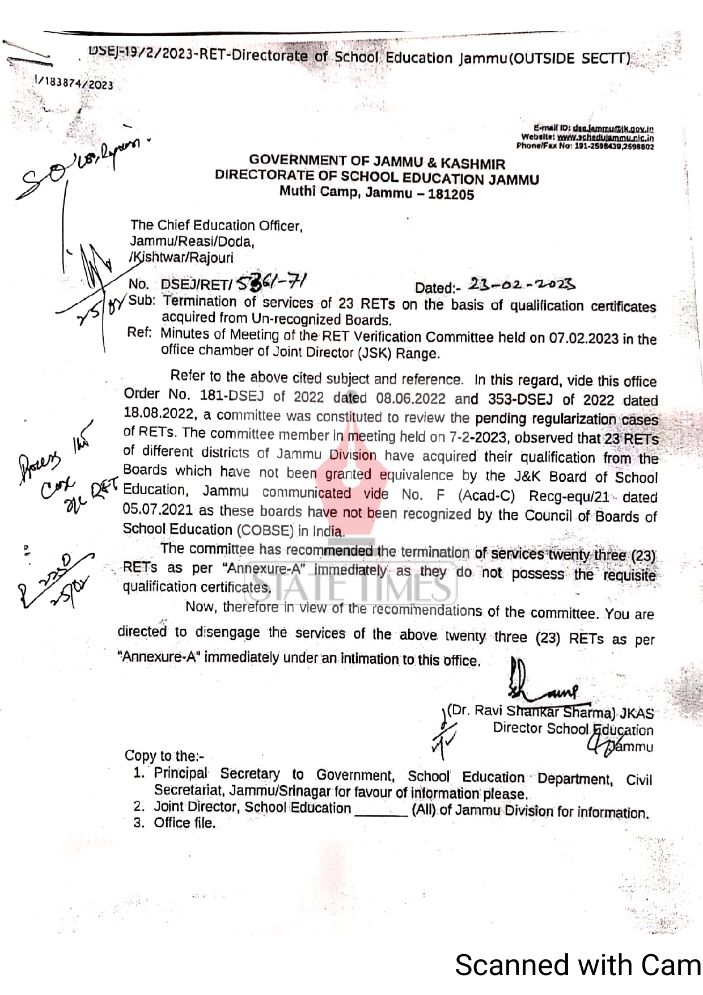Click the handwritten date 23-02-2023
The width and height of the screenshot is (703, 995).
[522, 283]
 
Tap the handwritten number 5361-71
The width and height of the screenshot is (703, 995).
[271, 282]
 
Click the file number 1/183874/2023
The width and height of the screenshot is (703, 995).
[74, 83]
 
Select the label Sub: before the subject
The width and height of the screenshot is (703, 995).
[142, 300]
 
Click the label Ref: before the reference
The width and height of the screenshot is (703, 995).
[139, 332]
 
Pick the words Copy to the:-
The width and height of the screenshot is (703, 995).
[164, 756]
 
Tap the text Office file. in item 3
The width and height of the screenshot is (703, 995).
[185, 823]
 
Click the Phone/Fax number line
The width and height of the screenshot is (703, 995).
[585, 146]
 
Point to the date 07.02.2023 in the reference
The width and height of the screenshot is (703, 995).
[583, 338]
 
